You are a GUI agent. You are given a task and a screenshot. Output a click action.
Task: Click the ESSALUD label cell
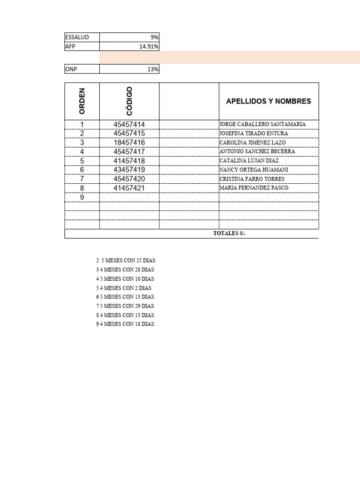pos(77,37)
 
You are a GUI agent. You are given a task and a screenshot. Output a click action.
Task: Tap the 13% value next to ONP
pos(153,69)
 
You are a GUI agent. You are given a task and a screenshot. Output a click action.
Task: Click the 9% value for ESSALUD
pos(155,37)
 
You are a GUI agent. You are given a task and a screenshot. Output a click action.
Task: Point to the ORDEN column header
pos(82,101)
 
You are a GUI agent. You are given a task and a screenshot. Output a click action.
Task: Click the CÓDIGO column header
pos(129,101)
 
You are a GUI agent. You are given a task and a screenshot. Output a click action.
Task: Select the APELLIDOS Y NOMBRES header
pos(269,101)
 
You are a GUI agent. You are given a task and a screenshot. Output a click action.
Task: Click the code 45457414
pos(129,124)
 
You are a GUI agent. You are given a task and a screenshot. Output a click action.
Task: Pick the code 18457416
pos(129,142)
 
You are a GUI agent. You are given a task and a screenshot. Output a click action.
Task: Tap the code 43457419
pos(129,170)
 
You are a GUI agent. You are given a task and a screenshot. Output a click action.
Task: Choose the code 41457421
pos(129,188)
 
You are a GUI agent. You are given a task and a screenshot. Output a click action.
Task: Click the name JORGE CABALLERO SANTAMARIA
pos(262,124)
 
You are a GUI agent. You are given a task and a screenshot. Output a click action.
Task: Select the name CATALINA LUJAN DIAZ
pos(249,161)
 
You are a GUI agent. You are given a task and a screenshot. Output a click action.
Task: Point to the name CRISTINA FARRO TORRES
pos(252,179)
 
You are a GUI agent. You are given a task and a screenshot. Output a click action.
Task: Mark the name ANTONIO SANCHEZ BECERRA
pos(257,151)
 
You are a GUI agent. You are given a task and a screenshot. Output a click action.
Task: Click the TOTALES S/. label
pos(229,234)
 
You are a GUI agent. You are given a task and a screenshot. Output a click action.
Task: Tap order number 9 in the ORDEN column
pos(82,197)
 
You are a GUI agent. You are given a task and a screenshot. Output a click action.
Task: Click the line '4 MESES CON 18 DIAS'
pos(127,324)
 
